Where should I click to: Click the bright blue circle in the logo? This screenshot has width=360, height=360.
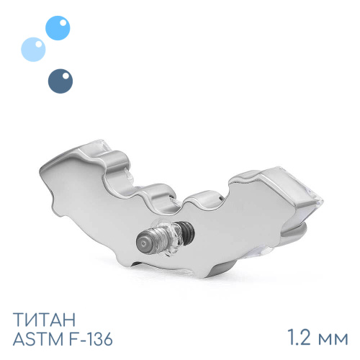pyautogui.click(x=58, y=28)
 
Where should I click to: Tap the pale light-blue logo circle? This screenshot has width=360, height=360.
pyautogui.click(x=33, y=50)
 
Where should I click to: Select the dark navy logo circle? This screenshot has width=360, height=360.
pyautogui.click(x=60, y=81)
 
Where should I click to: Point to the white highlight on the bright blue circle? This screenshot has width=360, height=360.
pyautogui.click(x=63, y=23)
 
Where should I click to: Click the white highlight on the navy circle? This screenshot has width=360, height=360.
pyautogui.click(x=66, y=76)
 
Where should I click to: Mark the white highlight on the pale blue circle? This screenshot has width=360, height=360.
pyautogui.click(x=39, y=44)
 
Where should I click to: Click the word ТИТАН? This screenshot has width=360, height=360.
pyautogui.click(x=44, y=320)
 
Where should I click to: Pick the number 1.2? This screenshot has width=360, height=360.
pyautogui.click(x=299, y=338)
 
